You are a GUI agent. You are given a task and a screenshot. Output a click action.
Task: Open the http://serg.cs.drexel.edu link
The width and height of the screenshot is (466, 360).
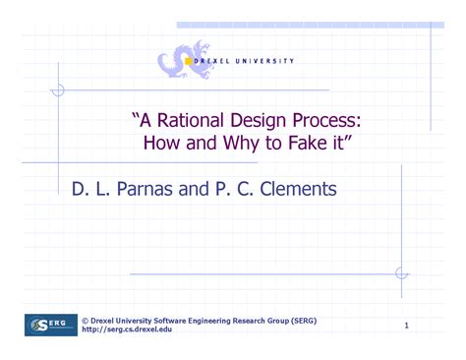point(127,330)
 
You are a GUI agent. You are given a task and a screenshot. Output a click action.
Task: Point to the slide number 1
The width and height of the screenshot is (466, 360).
point(406,325)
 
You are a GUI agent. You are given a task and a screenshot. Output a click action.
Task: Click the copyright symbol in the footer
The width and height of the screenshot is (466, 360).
point(85,321)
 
